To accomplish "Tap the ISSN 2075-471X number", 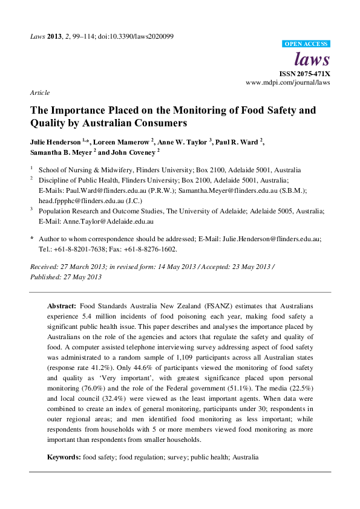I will click(306, 73).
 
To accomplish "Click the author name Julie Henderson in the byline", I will click(55, 143).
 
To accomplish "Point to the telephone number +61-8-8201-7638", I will click(75, 248).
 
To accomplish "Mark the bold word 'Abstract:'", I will click(62, 306).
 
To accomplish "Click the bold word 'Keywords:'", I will click(65, 458).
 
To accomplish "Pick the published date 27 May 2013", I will click(79, 277).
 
